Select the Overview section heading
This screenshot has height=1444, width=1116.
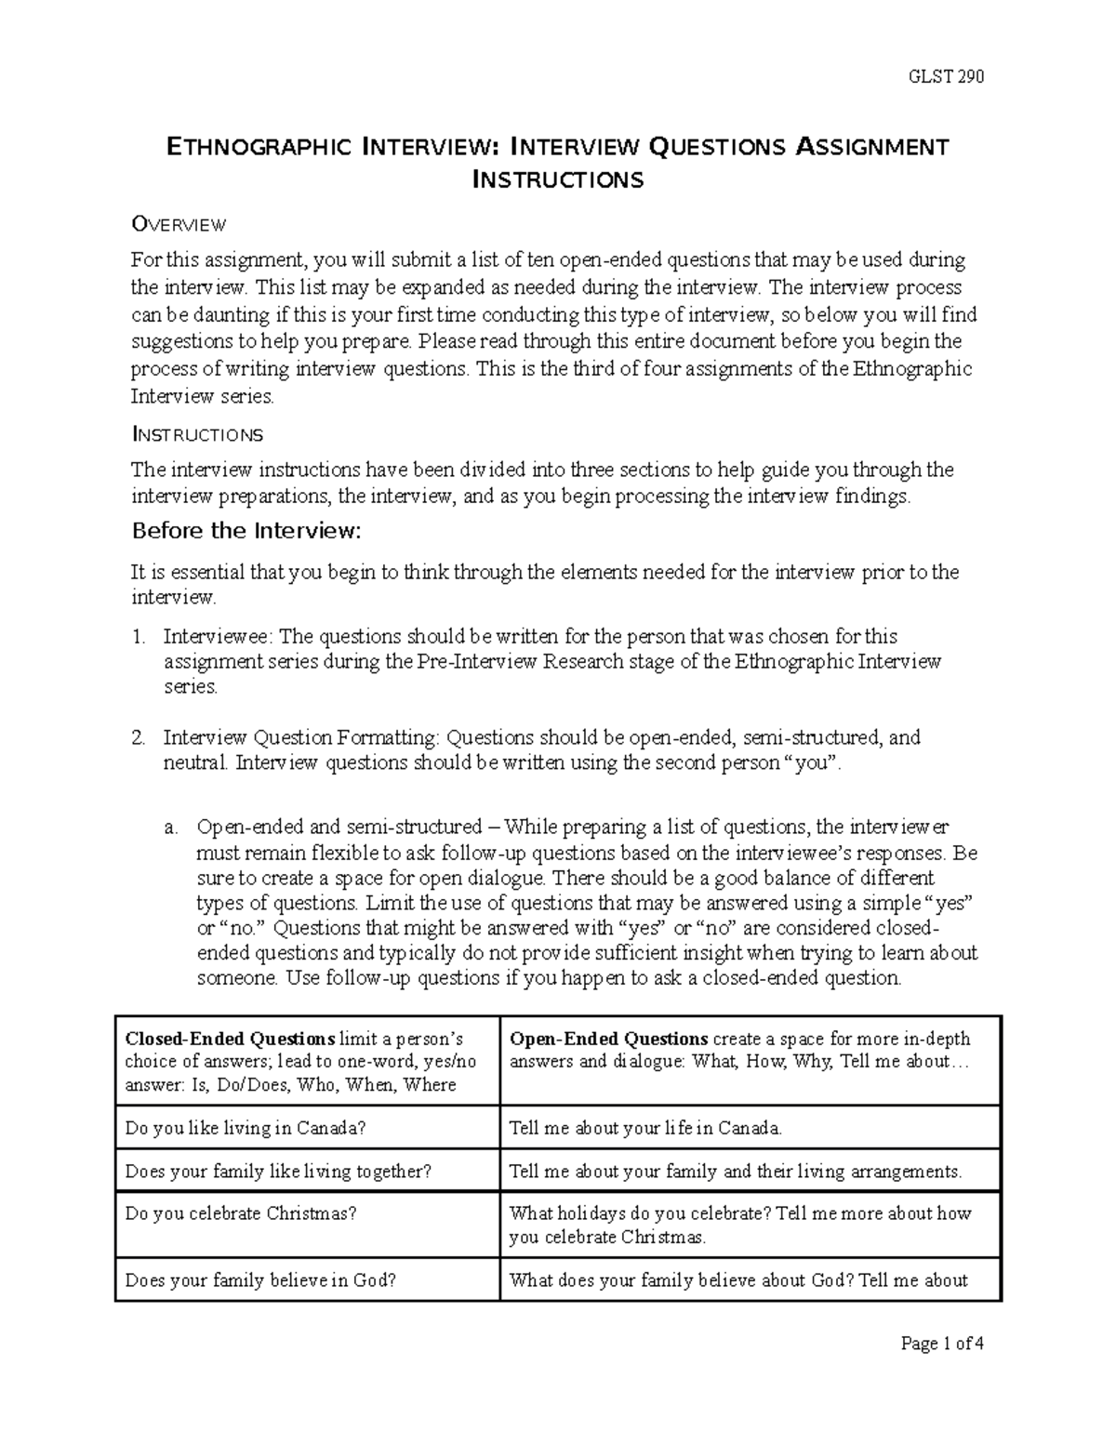[x=179, y=224]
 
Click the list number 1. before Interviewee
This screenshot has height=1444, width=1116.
[x=139, y=637]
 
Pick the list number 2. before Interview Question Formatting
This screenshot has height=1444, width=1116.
[x=139, y=738]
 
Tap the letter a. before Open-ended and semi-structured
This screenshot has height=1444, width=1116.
[x=170, y=827]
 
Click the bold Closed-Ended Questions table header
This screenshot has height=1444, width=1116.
[x=230, y=1039]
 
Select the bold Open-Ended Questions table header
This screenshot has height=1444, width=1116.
[x=609, y=1039]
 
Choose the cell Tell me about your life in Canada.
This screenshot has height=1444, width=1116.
[x=645, y=1129]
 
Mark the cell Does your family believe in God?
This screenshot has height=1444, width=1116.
[x=260, y=1280]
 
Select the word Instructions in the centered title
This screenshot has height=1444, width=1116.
[x=558, y=179]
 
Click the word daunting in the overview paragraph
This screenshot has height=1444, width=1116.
[x=213, y=314]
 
